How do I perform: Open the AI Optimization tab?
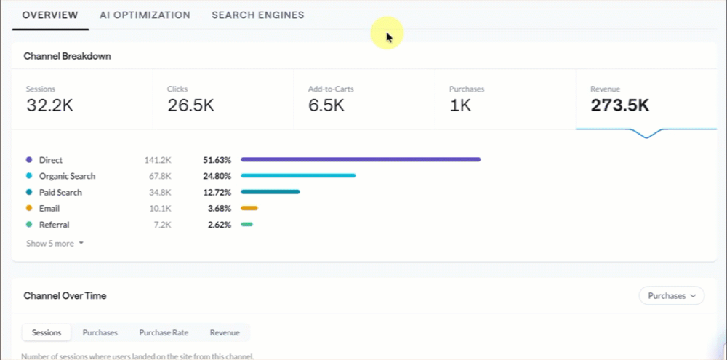tap(145, 15)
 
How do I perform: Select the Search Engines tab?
tap(258, 15)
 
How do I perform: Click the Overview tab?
tap(50, 15)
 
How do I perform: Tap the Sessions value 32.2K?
tap(49, 105)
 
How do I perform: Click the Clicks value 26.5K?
tap(190, 105)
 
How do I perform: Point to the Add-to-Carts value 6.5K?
tap(326, 105)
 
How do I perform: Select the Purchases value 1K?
tap(460, 105)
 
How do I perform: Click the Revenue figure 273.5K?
tap(620, 105)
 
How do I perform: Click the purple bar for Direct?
tap(361, 159)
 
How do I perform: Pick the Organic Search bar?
tap(298, 176)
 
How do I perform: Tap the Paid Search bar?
tap(270, 192)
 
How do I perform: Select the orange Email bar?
tap(249, 208)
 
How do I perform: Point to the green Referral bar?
tap(246, 225)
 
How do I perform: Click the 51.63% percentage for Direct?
tap(217, 160)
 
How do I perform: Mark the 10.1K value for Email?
tap(161, 209)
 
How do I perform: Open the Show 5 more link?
tap(55, 243)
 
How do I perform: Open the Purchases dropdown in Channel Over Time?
tap(672, 295)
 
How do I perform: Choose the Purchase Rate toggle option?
tap(164, 332)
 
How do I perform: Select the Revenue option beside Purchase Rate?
tap(225, 332)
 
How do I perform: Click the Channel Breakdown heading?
tap(67, 56)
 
